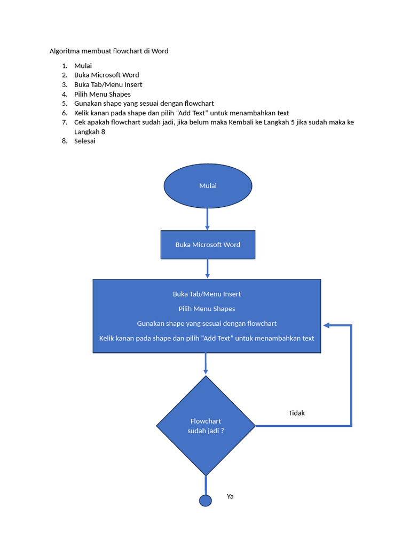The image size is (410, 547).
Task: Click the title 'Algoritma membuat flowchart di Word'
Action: click(x=109, y=51)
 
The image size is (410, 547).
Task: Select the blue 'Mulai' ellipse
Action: click(x=208, y=186)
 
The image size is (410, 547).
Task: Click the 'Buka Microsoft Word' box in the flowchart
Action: click(x=208, y=245)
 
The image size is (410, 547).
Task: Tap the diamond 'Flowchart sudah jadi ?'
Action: click(x=206, y=426)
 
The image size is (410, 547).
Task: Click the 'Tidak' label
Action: click(x=296, y=413)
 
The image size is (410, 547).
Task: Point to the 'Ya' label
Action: click(x=230, y=496)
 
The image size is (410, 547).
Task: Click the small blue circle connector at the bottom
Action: click(x=206, y=501)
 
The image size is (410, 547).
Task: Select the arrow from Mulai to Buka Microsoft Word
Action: click(x=207, y=218)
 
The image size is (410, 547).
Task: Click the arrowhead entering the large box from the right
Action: click(x=326, y=325)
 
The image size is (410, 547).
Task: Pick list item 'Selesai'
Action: click(x=85, y=142)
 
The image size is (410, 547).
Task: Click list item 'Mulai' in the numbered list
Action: click(x=83, y=66)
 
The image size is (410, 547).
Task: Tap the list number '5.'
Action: click(x=65, y=104)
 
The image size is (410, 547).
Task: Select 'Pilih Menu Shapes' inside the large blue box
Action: click(x=207, y=309)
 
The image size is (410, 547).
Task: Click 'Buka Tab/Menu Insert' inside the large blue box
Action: click(x=207, y=294)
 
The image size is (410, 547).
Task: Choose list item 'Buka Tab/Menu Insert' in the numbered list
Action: click(x=108, y=84)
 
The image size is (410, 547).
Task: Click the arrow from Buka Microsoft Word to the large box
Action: click(x=207, y=269)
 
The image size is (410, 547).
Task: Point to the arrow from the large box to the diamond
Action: click(x=206, y=364)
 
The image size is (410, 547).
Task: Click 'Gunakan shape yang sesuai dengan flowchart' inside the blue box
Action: click(x=207, y=324)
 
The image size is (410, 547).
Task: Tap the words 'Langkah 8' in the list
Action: click(x=89, y=131)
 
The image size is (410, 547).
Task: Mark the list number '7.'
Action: click(x=65, y=122)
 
